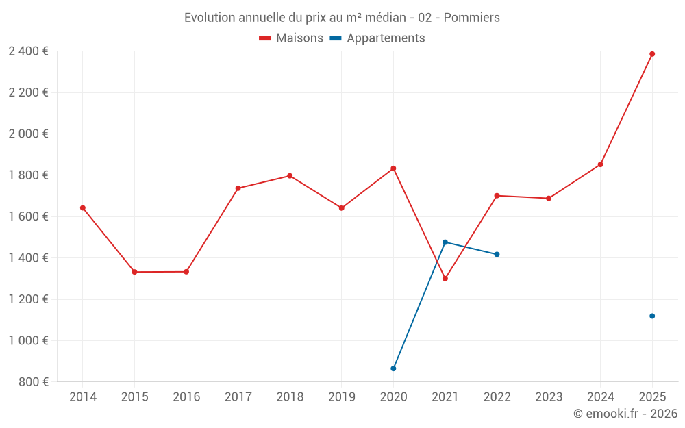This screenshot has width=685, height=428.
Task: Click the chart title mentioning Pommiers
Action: [342, 17]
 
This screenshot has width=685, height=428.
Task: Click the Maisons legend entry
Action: [291, 38]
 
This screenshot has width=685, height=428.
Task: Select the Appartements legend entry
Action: [377, 38]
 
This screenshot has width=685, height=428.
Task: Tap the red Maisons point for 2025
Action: [652, 54]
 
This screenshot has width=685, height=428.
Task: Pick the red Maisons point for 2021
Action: [445, 279]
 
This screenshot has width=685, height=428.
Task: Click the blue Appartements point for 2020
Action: [393, 368]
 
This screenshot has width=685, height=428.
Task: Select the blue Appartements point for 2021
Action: [445, 242]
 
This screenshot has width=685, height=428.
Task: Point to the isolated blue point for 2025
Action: [652, 316]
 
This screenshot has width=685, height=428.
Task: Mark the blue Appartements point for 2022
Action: [497, 254]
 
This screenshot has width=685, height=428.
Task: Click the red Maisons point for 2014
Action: [83, 207]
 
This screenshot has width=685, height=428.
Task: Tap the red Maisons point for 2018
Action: [290, 176]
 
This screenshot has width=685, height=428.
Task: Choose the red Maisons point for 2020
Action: [393, 168]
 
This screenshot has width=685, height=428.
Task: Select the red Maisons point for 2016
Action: [186, 272]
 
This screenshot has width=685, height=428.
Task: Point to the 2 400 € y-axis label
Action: [28, 51]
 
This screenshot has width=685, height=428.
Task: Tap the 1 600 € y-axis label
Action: [28, 216]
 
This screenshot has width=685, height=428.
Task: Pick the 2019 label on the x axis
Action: [342, 396]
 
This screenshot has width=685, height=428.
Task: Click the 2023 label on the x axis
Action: [549, 396]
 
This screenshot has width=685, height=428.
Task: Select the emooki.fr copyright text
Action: [625, 414]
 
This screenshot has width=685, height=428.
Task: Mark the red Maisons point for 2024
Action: [600, 164]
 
